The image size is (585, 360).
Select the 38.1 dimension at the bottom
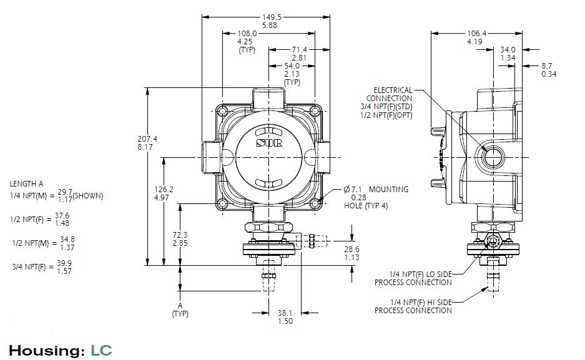click(285, 313)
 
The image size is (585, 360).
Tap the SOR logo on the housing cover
click(270, 143)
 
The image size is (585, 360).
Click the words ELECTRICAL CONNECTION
click(392, 94)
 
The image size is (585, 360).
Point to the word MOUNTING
click(388, 189)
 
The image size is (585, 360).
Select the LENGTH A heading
click(27, 184)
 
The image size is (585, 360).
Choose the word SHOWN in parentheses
click(88, 195)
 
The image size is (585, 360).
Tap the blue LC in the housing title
click(101, 350)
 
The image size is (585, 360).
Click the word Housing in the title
click(46, 350)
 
